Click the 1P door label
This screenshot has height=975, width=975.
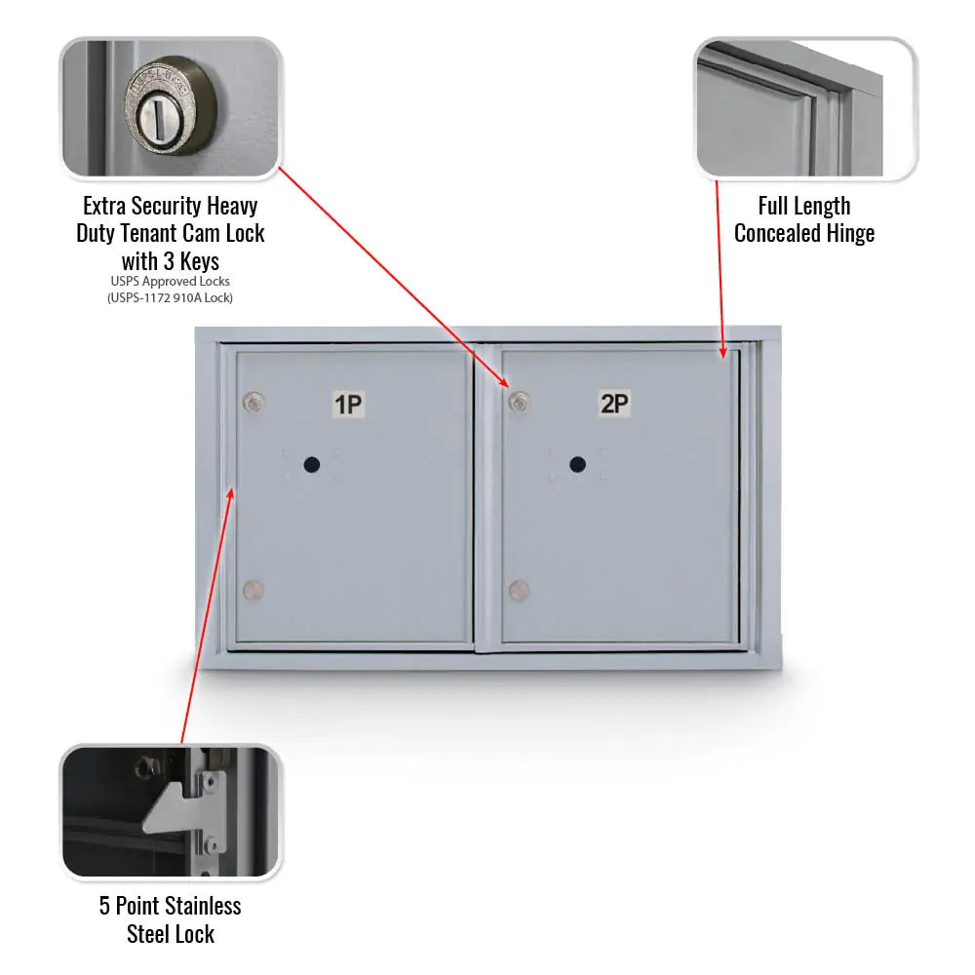pyautogui.click(x=348, y=404)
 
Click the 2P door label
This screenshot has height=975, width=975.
pyautogui.click(x=614, y=403)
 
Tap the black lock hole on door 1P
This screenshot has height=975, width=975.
pyautogui.click(x=312, y=465)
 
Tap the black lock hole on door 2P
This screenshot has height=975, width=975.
pyautogui.click(x=578, y=465)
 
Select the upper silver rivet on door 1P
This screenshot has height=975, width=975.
pyautogui.click(x=253, y=401)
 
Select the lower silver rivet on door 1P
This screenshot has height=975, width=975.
pyautogui.click(x=253, y=590)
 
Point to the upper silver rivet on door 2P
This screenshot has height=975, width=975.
pyautogui.click(x=520, y=401)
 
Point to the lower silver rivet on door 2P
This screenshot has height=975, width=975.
pyautogui.click(x=519, y=590)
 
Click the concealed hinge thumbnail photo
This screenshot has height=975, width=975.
pyautogui.click(x=805, y=109)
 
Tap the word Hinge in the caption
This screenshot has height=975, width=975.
pyautogui.click(x=850, y=233)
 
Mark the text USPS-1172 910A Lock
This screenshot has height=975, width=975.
pyautogui.click(x=171, y=297)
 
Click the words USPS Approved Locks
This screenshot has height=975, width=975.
pyautogui.click(x=171, y=282)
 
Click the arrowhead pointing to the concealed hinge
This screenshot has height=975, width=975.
pyautogui.click(x=722, y=353)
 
